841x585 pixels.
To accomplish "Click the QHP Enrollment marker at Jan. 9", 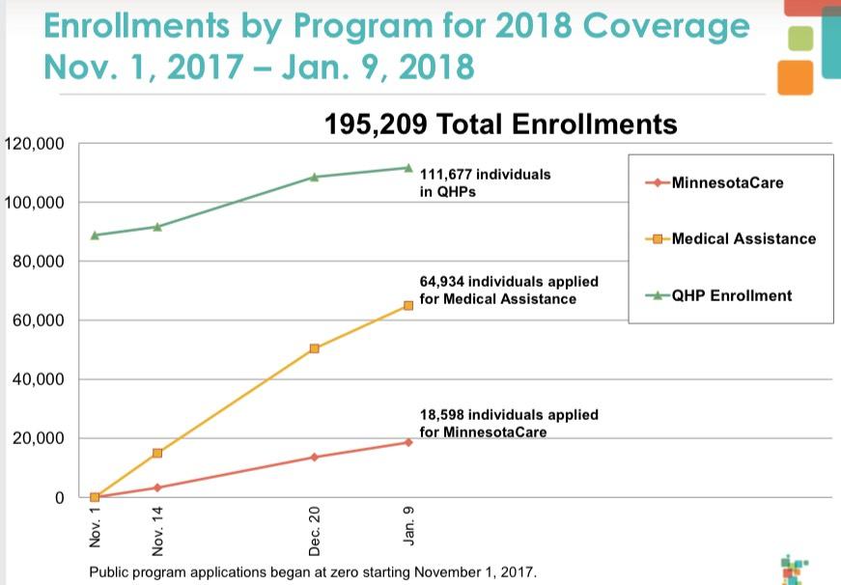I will tap(408, 167).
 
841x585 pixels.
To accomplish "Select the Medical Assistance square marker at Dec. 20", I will tap(315, 348).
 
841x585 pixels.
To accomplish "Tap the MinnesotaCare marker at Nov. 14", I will tap(157, 487).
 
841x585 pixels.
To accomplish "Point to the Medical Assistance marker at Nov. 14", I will tap(157, 453).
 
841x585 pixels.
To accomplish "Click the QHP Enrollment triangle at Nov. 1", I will tap(95, 235).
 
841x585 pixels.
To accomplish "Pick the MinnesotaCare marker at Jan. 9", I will tap(408, 442).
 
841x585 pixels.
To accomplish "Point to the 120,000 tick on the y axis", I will tap(35, 144).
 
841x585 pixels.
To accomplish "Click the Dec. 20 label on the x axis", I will tap(315, 530).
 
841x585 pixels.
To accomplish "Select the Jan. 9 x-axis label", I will tap(409, 526).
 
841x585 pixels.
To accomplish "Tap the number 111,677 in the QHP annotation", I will tap(446, 175).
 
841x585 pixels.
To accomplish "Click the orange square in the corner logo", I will tap(795, 77).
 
